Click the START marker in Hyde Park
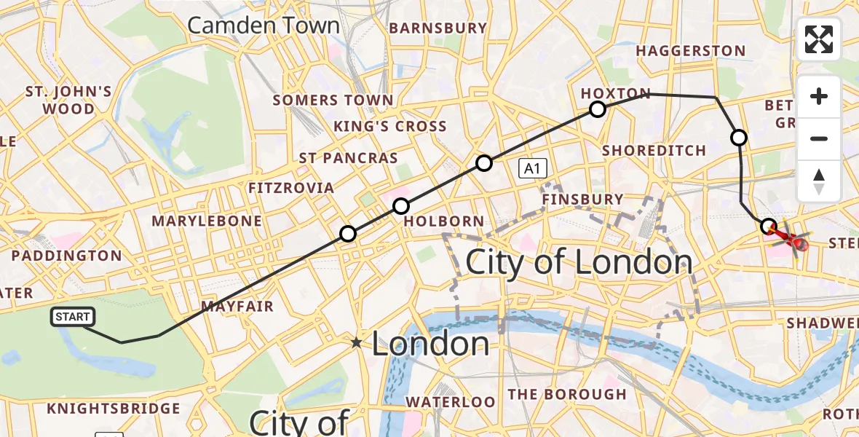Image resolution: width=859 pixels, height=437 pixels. coord(73,317)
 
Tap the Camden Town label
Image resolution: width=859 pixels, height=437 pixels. coord(264,25)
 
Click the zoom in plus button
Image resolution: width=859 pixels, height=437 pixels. coord(819,97)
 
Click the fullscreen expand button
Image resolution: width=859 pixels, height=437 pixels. coord(819,39)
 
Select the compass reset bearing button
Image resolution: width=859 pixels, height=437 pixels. coord(819,181)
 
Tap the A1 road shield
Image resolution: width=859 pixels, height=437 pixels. coord(532,170)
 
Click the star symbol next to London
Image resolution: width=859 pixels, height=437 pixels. coord(356,342)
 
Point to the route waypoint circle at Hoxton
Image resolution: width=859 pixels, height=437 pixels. coord(598,109)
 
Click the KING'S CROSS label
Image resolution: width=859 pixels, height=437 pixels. coord(390,126)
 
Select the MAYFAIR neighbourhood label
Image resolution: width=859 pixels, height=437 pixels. coord(237,306)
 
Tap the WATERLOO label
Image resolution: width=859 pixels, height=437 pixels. coord(450,401)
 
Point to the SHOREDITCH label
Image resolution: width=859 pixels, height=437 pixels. coord(654,151)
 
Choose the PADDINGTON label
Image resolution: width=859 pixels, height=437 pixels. coord(67,256)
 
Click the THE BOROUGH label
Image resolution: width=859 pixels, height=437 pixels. coord(566,395)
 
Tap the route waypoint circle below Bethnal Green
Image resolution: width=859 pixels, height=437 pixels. coord(739,137)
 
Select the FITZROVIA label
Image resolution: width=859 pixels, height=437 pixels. coord(291,188)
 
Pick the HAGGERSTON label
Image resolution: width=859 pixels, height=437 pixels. coord(691,51)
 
